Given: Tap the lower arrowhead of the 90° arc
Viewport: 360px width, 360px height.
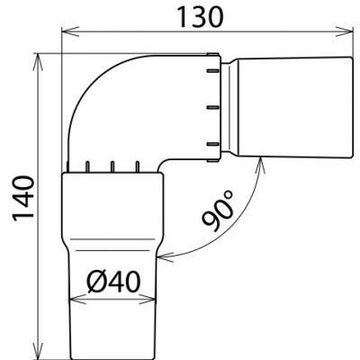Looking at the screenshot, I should click(168, 255).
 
